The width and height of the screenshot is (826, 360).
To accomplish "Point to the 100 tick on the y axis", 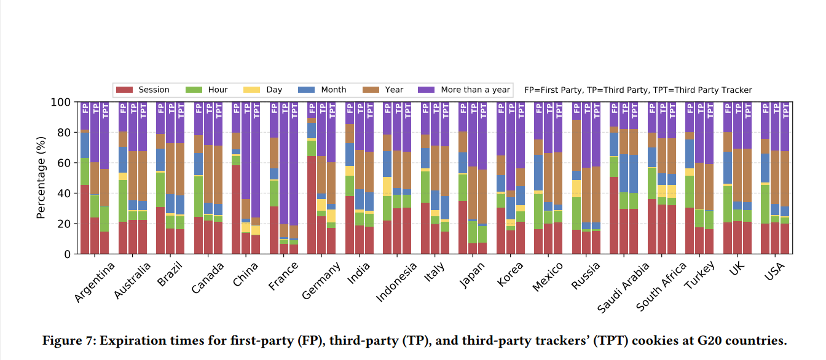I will [x=62, y=102].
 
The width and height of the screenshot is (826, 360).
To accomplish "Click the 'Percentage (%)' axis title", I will [x=41, y=178].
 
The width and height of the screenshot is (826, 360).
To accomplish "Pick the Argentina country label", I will [x=95, y=283].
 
